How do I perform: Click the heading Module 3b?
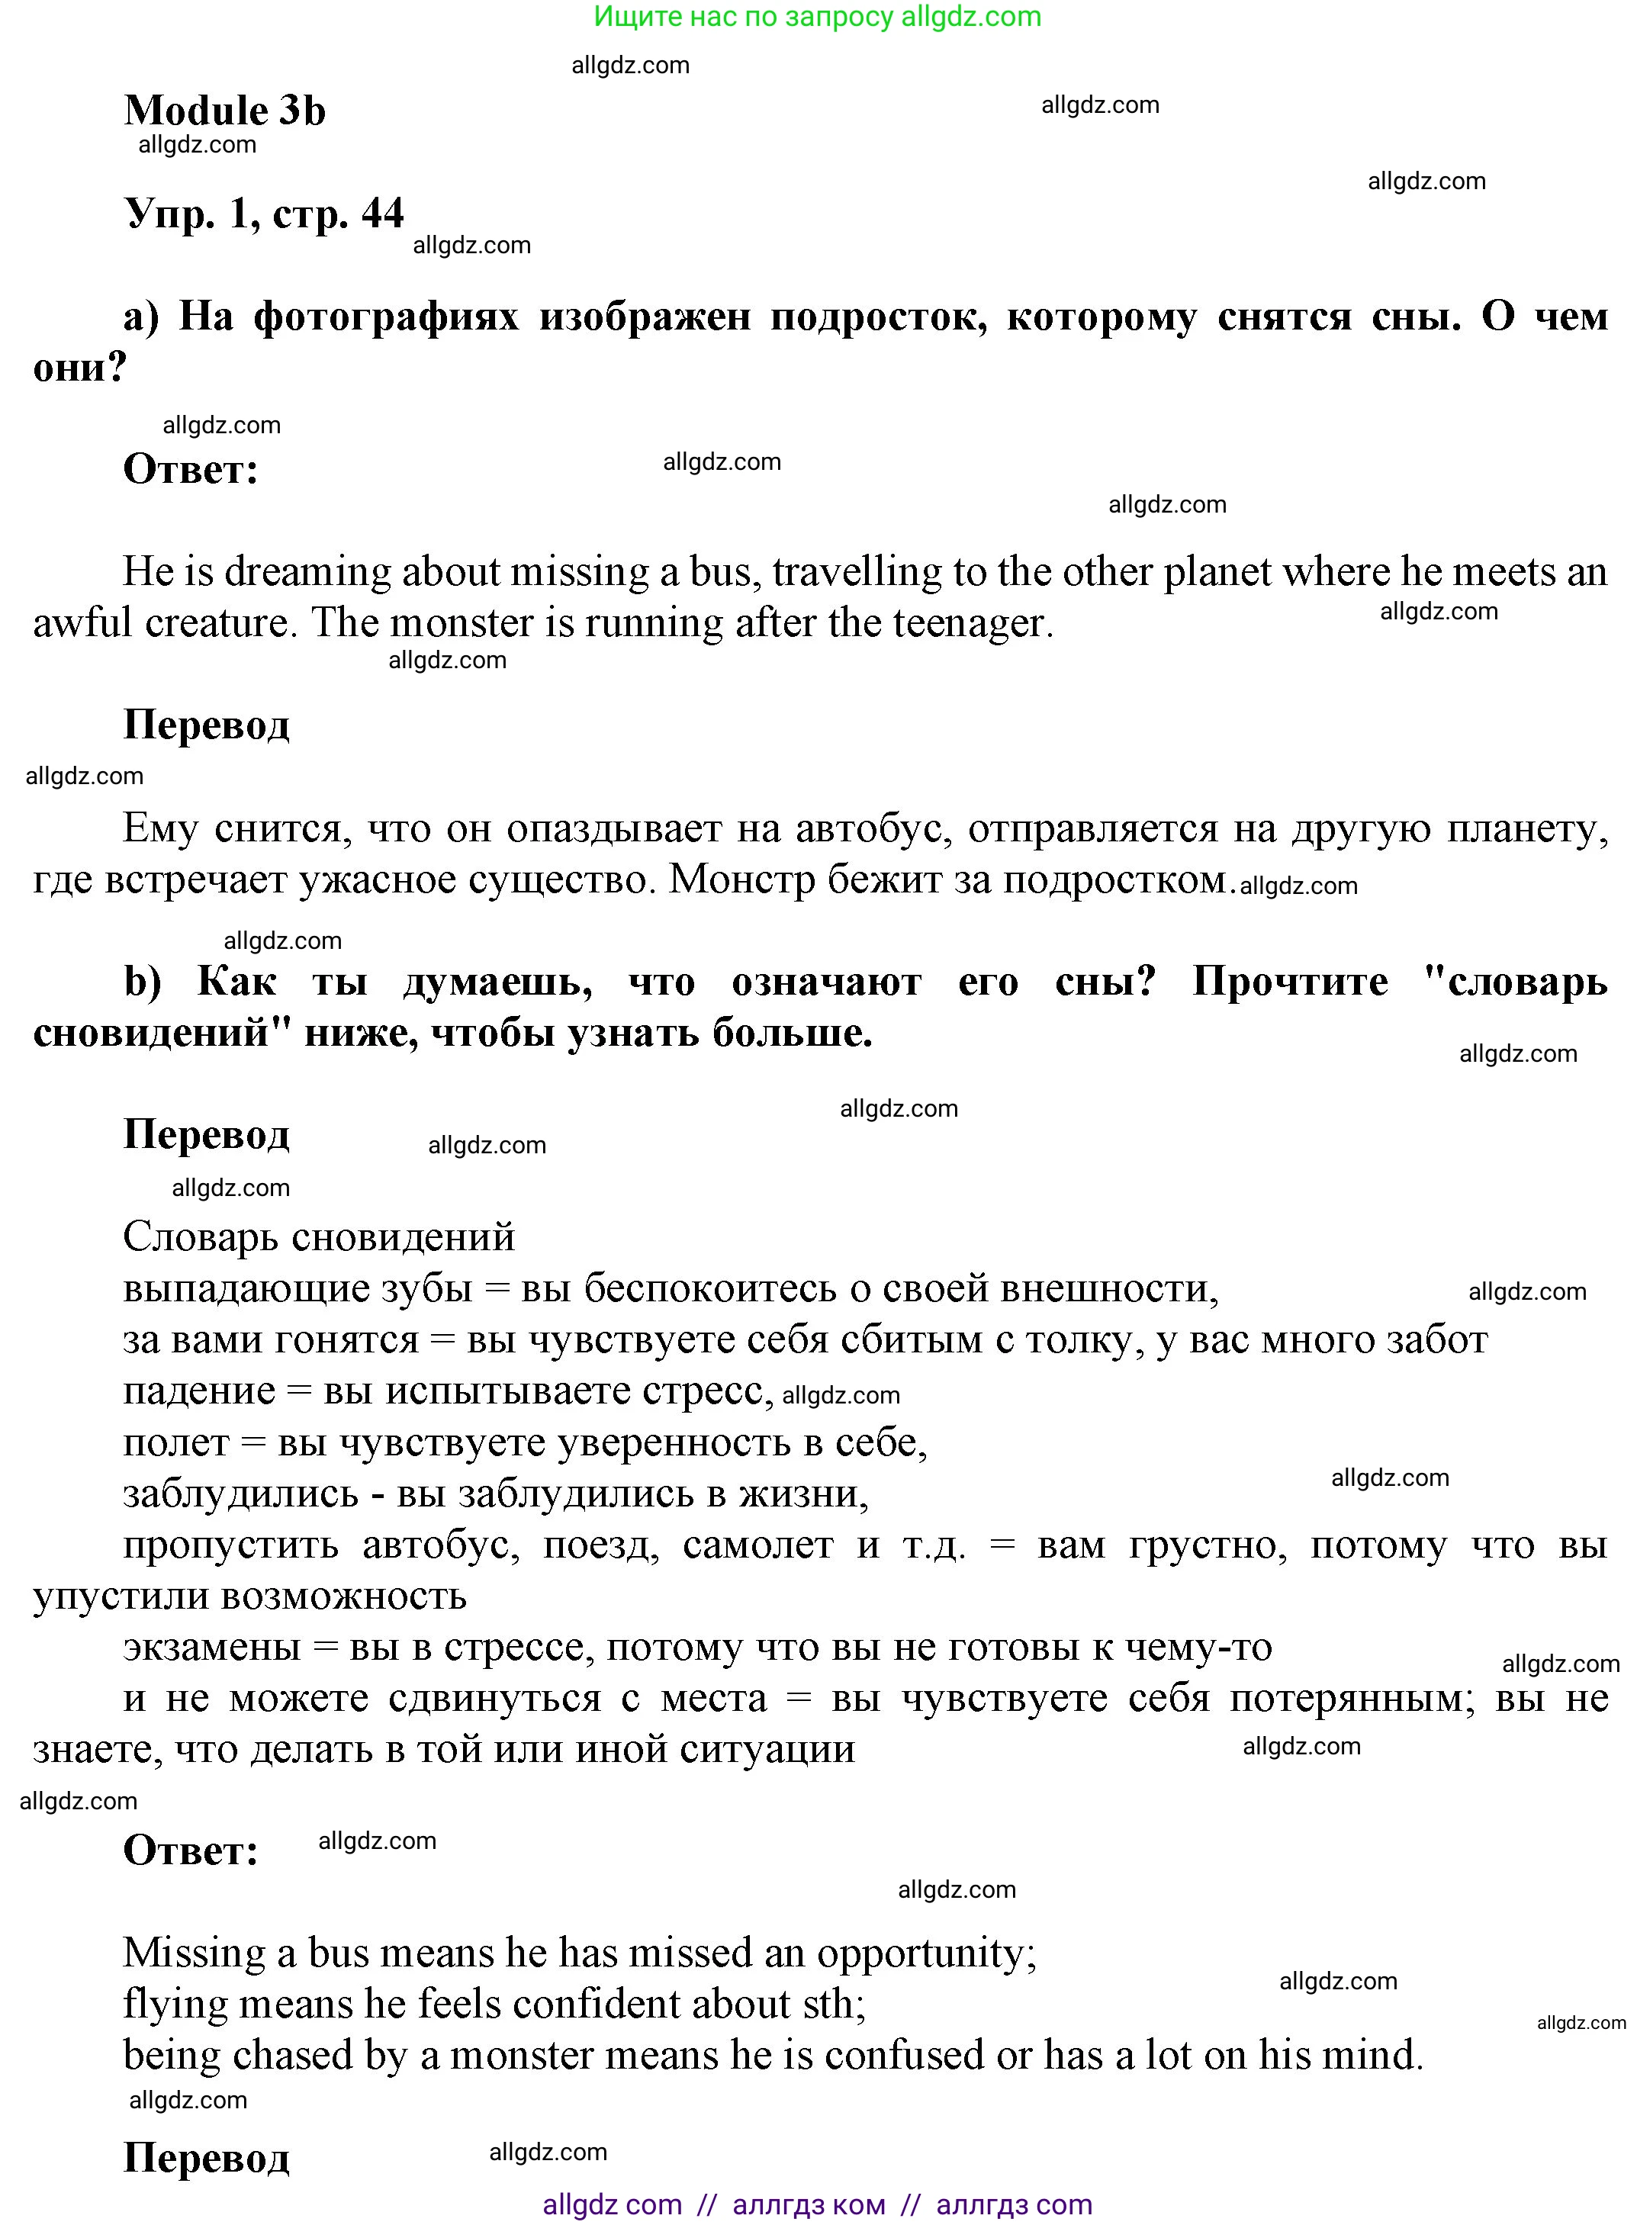[x=224, y=111]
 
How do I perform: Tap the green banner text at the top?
[x=818, y=17]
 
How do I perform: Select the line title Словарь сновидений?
[x=318, y=1237]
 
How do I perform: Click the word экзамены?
[x=211, y=1648]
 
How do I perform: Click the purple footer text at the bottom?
[x=818, y=2204]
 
